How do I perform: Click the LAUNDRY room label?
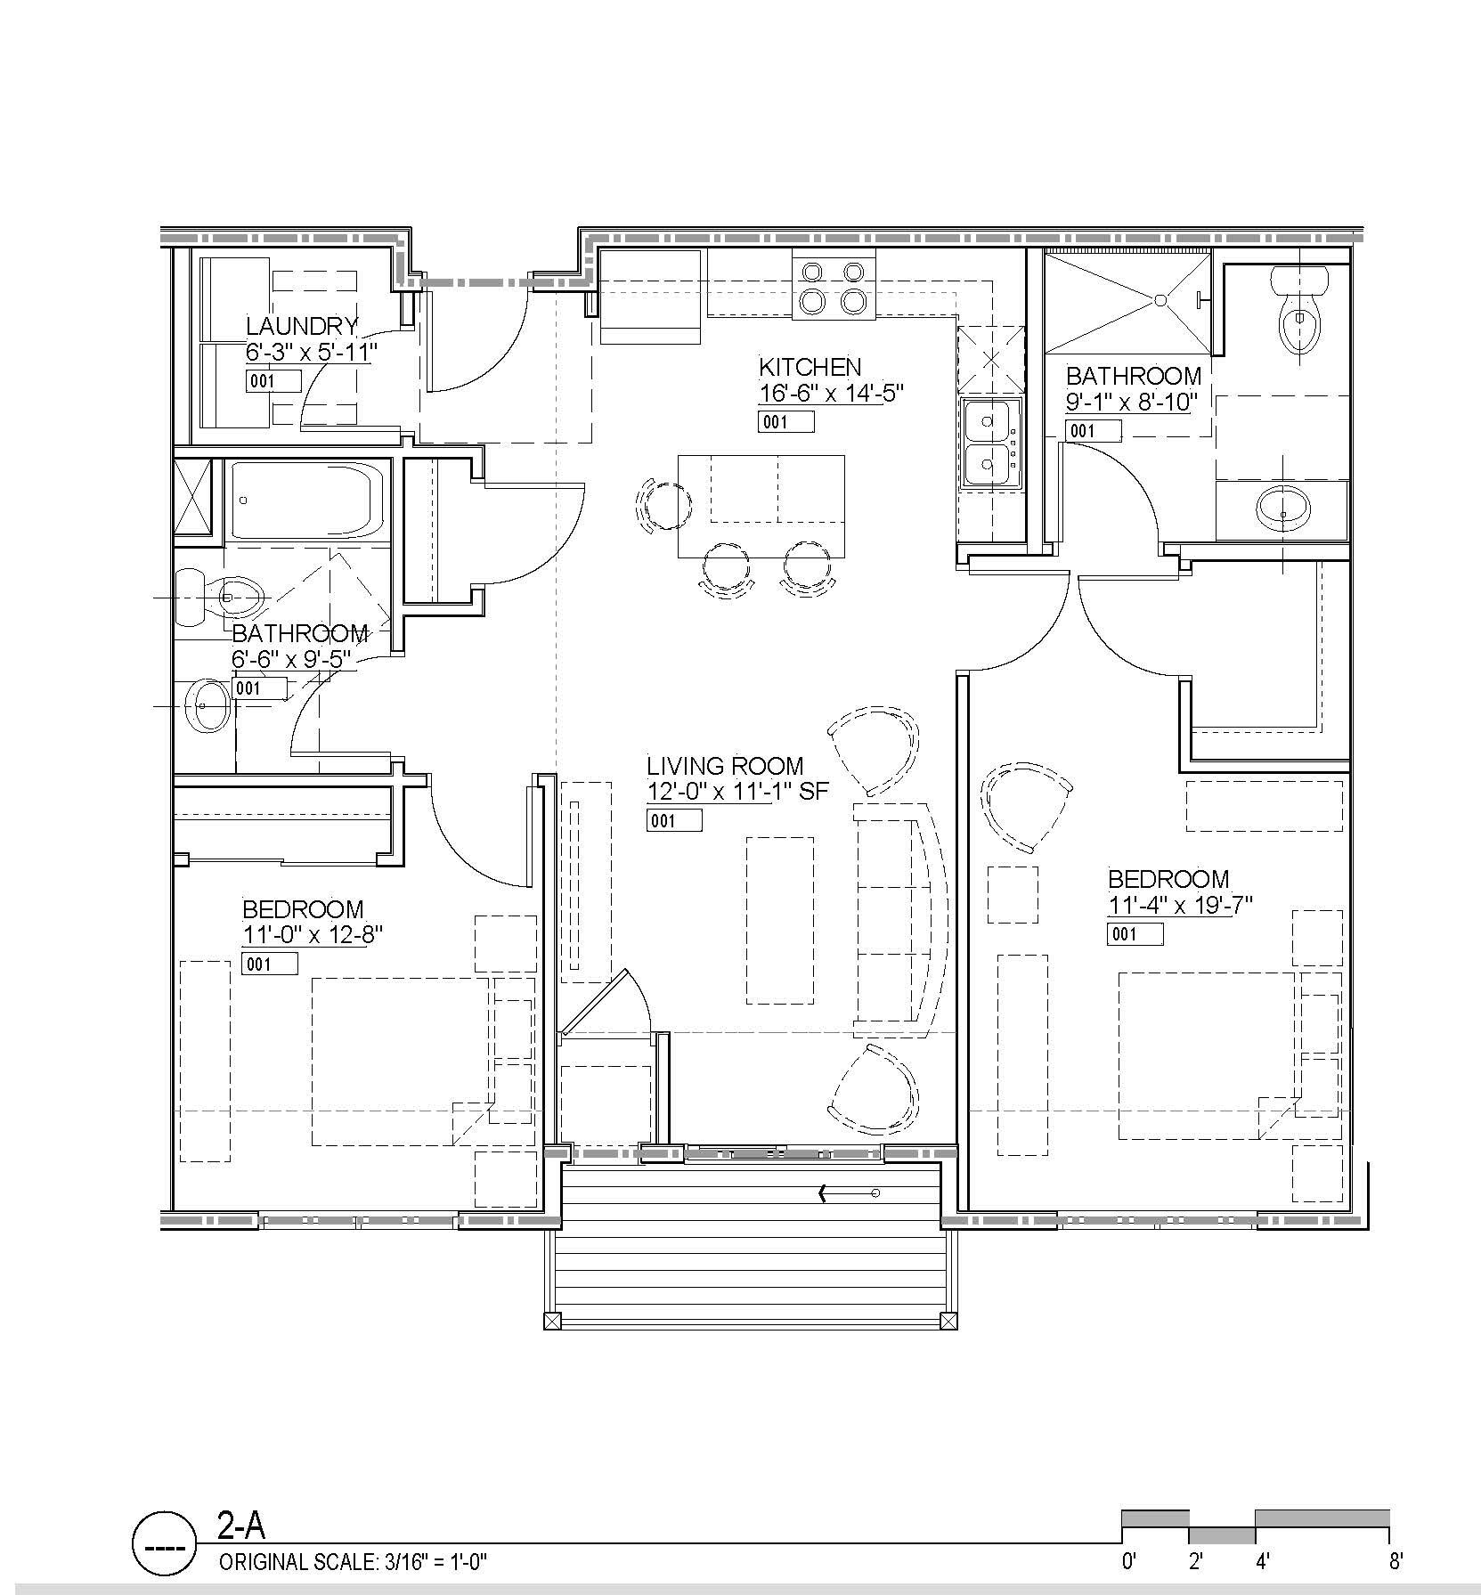tap(302, 326)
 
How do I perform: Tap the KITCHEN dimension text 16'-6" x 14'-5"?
tap(831, 393)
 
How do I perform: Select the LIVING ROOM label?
tap(725, 765)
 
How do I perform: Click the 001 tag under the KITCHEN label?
tap(785, 421)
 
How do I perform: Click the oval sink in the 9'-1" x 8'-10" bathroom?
tap(1282, 509)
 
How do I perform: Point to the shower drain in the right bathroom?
tap(1160, 301)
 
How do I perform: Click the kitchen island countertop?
tap(761, 505)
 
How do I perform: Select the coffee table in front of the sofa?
tap(779, 920)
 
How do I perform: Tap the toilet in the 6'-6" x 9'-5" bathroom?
tap(223, 596)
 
